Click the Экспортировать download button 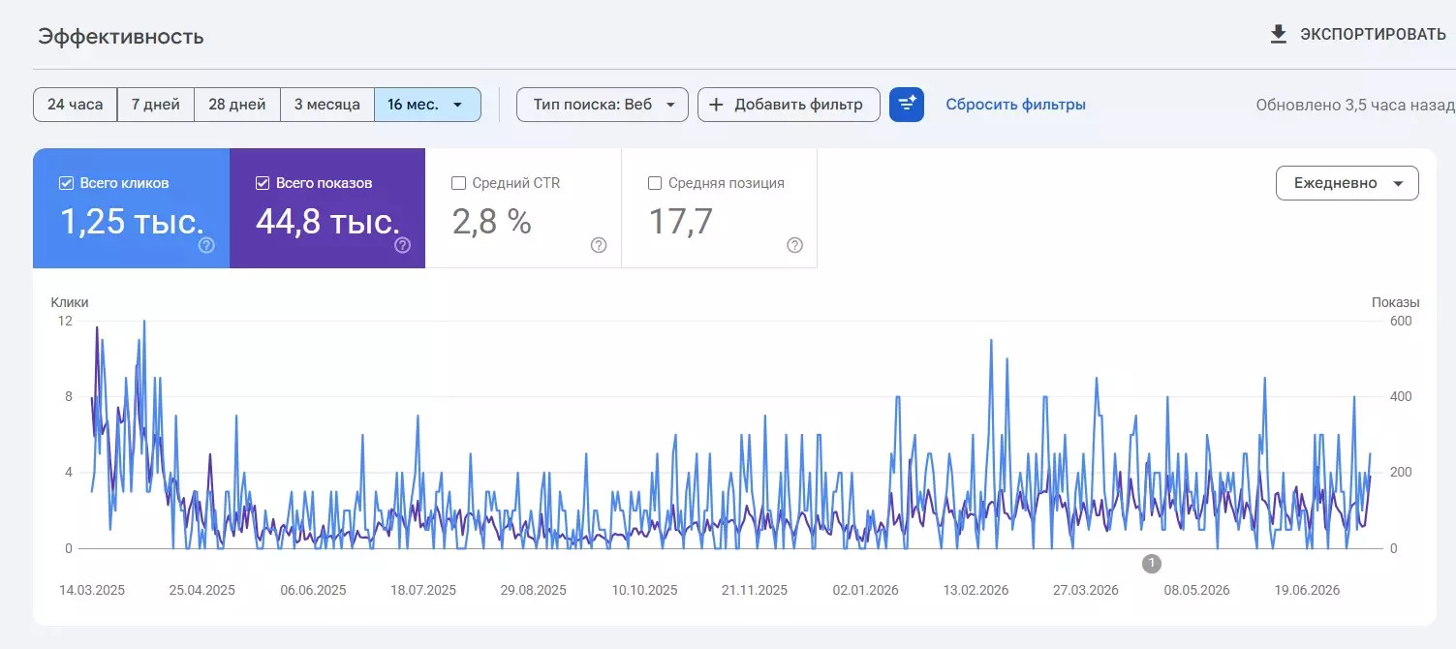tap(1358, 35)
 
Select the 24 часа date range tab tap(75, 105)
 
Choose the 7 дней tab tap(155, 105)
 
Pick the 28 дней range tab tap(236, 105)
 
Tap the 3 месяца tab tap(327, 105)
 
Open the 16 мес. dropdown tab tap(427, 105)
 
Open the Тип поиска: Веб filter tap(602, 105)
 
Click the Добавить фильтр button tap(789, 105)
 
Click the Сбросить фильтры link tap(1015, 105)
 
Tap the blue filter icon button tap(907, 105)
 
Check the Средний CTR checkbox tap(458, 183)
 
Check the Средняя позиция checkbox tap(655, 183)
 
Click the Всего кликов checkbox tap(66, 183)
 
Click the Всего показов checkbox tap(262, 183)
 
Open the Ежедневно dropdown tap(1347, 183)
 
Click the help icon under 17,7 tap(794, 245)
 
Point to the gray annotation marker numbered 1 tap(1151, 563)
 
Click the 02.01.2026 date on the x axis tap(865, 590)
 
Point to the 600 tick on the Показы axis tap(1401, 321)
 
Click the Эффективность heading tap(121, 37)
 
